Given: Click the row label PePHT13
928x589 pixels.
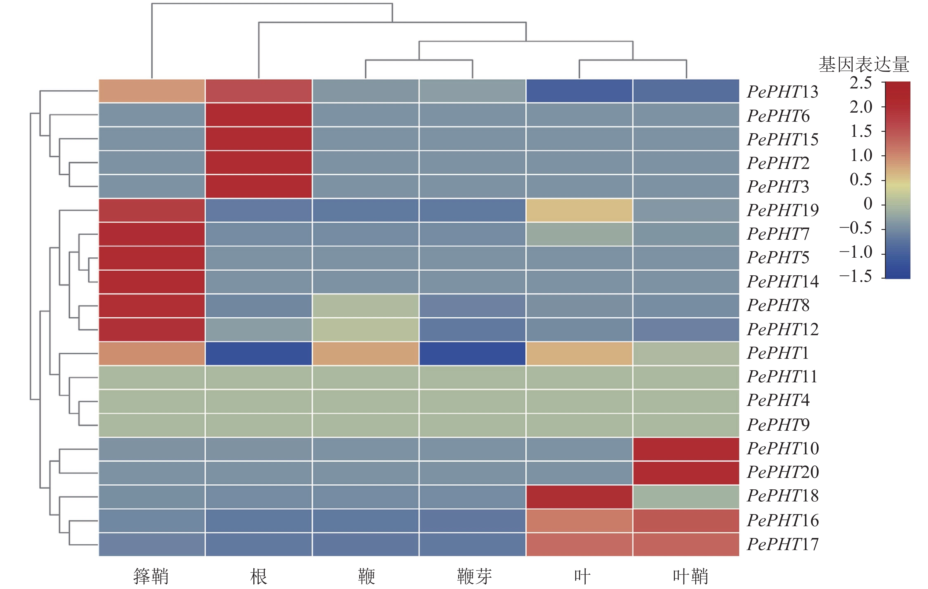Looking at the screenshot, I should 782,92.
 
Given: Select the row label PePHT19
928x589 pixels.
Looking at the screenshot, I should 782,210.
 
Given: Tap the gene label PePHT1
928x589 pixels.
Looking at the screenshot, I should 777,353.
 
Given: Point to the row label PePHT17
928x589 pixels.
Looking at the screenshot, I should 782,544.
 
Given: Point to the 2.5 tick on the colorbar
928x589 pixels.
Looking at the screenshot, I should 861,83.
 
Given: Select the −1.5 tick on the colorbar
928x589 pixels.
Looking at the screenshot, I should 856,277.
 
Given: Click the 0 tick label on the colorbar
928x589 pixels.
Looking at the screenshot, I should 868,204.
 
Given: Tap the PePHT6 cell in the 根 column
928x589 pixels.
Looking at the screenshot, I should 259,115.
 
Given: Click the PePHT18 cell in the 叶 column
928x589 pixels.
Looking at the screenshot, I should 579,497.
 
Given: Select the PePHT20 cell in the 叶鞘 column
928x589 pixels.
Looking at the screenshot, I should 686,473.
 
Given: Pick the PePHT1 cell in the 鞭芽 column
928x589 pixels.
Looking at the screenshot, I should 473,353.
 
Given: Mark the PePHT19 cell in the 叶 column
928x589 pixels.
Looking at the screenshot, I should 579,210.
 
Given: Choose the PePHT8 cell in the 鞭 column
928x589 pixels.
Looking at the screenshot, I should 365,306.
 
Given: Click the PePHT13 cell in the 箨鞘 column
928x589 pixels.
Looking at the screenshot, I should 152,91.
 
